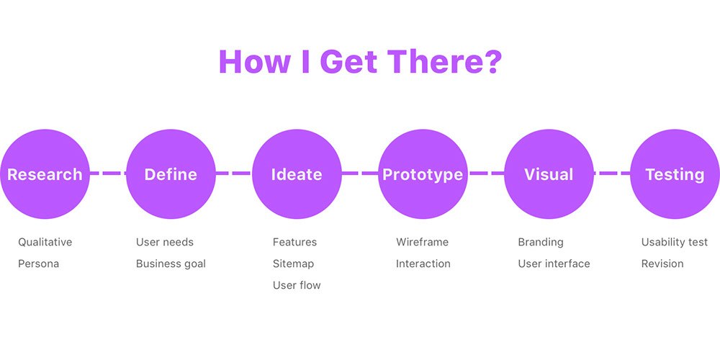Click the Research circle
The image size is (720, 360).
pos(45,174)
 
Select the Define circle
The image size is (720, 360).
pos(171,174)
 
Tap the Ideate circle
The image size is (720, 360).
pos(297,174)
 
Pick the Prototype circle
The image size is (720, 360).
pos(423,174)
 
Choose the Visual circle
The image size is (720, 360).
pos(549,174)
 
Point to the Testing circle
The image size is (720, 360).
pos(675,174)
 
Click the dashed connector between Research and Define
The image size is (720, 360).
pos(108,173)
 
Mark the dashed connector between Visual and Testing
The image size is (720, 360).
pos(612,173)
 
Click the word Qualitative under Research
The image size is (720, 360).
pos(45,242)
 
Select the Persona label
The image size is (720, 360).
pos(39,264)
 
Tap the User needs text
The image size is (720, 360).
pos(165,242)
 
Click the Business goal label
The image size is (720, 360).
pos(171,264)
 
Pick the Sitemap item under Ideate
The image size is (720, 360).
pos(294,264)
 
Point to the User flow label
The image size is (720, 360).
pos(297,285)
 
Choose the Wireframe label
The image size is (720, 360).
pos(423,242)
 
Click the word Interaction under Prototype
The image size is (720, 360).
pos(423,264)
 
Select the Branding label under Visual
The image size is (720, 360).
pos(541,242)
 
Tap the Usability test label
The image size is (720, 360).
pos(675,242)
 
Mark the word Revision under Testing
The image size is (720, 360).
pos(662,264)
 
